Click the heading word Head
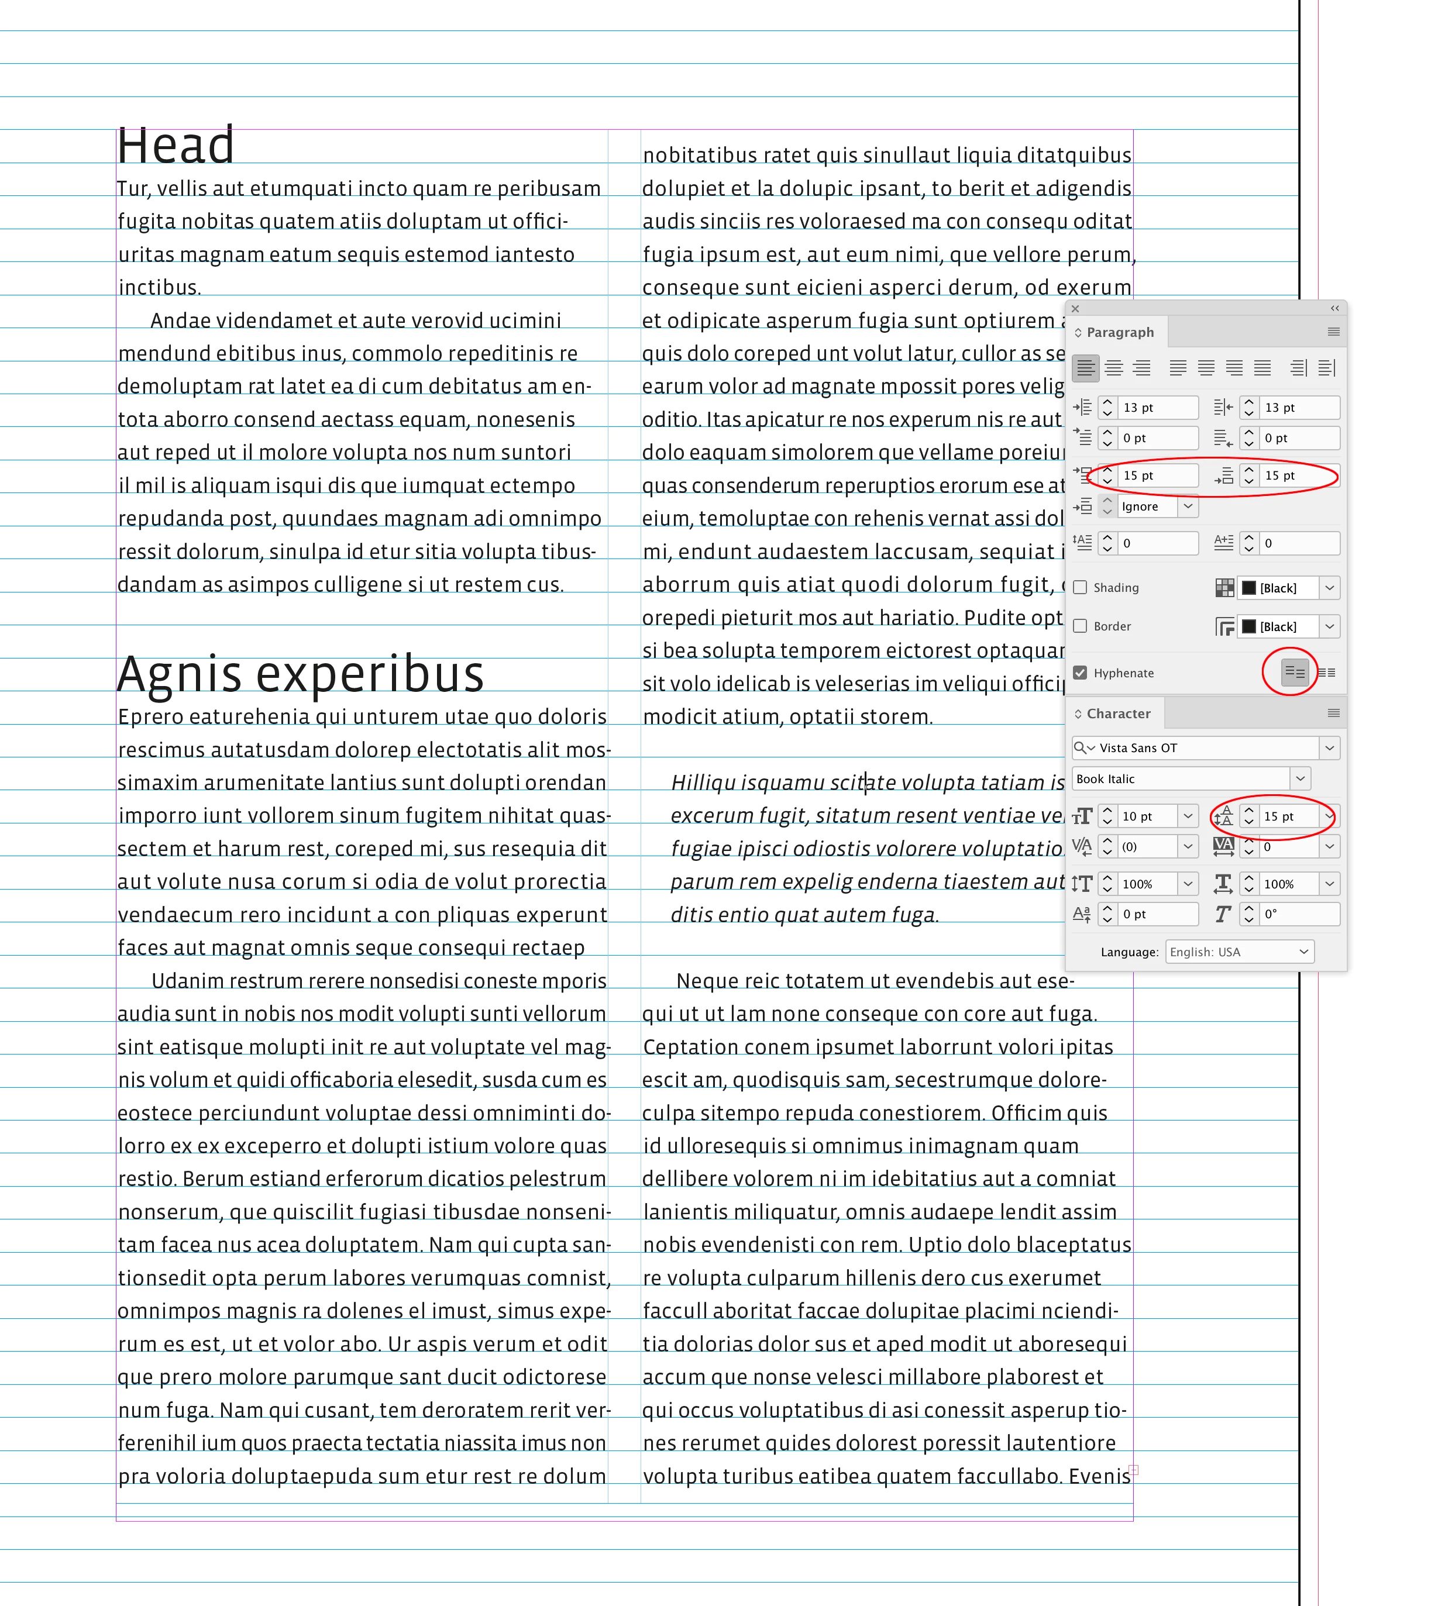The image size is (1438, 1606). click(x=176, y=146)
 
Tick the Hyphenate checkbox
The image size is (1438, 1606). click(x=1080, y=673)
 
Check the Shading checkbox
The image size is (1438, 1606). click(x=1080, y=588)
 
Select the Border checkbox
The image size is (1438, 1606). click(x=1080, y=626)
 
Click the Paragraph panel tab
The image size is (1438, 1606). click(x=1120, y=333)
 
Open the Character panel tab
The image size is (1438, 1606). click(x=1118, y=714)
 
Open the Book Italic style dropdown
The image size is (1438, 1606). click(x=1300, y=779)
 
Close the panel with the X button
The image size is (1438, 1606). click(x=1075, y=309)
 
